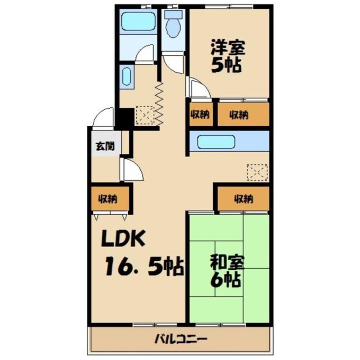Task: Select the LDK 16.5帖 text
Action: [x=142, y=254]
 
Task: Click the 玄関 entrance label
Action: [x=105, y=146]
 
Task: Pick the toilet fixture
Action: [x=174, y=26]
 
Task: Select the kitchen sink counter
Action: [x=217, y=141]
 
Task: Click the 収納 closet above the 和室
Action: [x=243, y=198]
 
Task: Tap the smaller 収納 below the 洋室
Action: [x=200, y=115]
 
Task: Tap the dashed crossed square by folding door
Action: [x=145, y=115]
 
